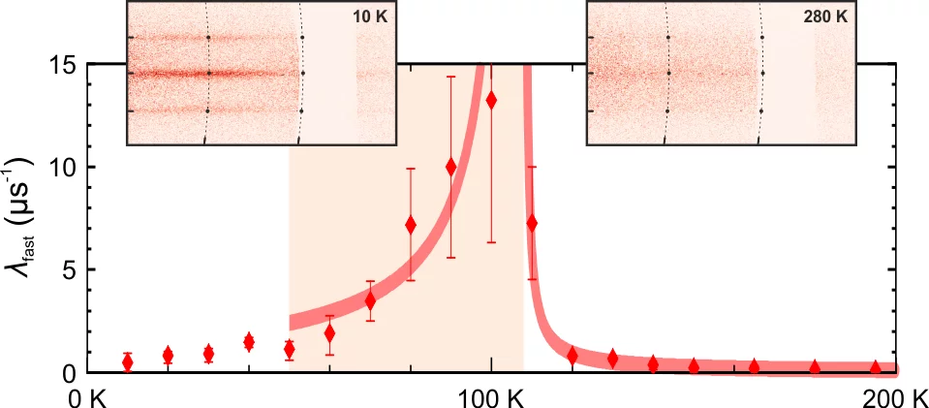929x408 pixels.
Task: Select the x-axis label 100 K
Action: click(x=491, y=396)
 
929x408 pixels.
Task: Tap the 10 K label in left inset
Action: click(x=372, y=18)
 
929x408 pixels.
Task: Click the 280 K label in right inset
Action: click(x=833, y=18)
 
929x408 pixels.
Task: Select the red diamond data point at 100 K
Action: click(x=491, y=100)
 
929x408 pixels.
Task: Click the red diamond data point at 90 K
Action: click(x=450, y=167)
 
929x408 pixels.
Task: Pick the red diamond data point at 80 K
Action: click(x=411, y=225)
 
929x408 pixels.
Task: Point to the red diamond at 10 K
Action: click(x=128, y=362)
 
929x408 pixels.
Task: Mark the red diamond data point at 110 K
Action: click(x=531, y=223)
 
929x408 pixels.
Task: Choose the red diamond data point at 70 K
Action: click(x=370, y=301)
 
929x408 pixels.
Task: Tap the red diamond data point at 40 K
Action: click(x=249, y=341)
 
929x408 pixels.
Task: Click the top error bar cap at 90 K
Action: click(x=450, y=77)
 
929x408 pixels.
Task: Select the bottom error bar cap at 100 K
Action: click(x=491, y=242)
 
